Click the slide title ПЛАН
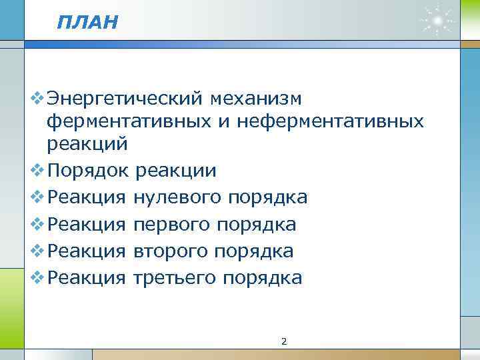coord(87,23)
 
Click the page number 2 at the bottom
coord(284,342)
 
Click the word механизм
coord(255,99)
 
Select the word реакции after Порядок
coord(175,171)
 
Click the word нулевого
coord(177,197)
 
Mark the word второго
coord(171,251)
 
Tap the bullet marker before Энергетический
coord(37,99)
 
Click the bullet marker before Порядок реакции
coord(37,171)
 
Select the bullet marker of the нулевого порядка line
coord(37,197)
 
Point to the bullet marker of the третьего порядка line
coord(37,277)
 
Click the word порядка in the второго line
coord(254,251)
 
